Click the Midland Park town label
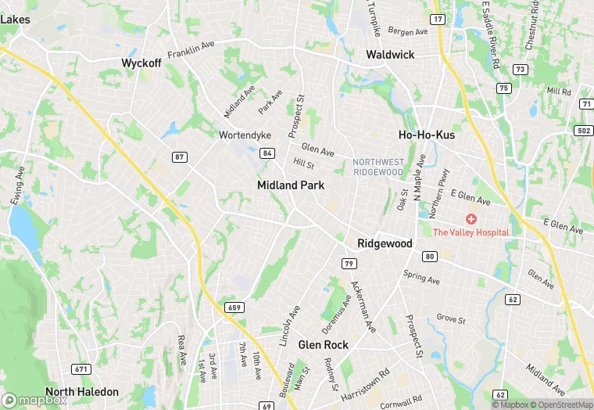coord(291,185)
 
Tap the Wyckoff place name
coord(141,63)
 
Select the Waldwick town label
coord(390,55)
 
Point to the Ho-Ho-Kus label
coord(427,135)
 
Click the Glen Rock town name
coord(324,344)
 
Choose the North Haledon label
coord(82,391)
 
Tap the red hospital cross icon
coord(471,218)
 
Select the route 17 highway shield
coord(438,19)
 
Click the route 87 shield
coord(181,157)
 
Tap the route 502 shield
coord(585,130)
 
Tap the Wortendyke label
coord(245,135)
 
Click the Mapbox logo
coord(34,400)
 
